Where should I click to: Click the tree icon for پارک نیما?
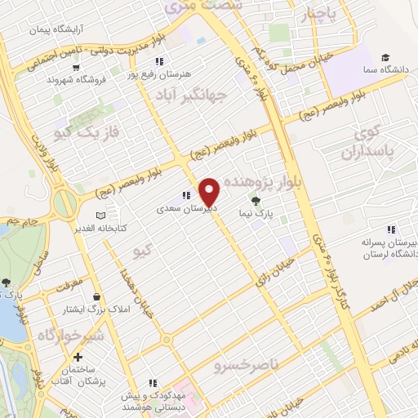point(256,201)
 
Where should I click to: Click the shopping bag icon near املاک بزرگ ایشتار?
point(98,297)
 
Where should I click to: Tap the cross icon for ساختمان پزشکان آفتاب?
point(78,357)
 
